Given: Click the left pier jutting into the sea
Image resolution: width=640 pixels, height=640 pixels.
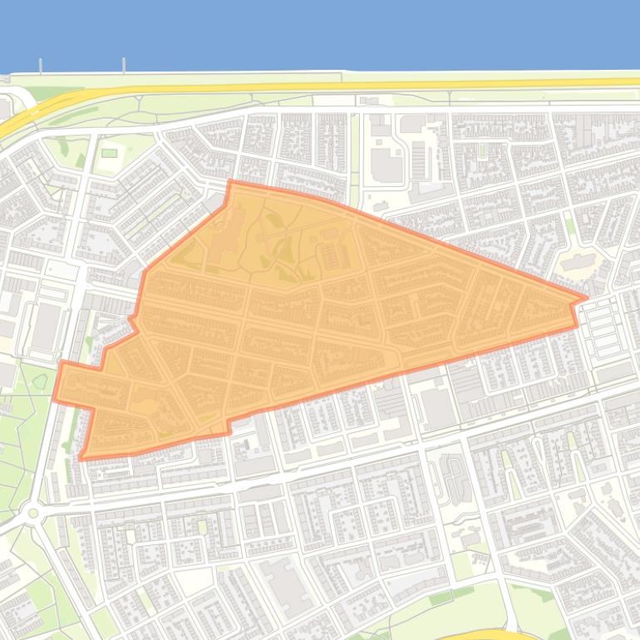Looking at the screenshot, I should tap(40, 66).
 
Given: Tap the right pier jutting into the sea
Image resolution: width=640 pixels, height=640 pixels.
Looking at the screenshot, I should tap(124, 66).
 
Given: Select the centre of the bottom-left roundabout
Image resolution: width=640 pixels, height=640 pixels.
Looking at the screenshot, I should tap(33, 513).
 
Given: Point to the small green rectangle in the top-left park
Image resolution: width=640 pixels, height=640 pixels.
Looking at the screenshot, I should tap(109, 153).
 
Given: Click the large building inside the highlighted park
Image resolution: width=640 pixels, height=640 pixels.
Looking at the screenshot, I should tap(231, 234).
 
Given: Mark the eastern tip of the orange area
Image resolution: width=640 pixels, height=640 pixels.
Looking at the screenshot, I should tap(587, 297).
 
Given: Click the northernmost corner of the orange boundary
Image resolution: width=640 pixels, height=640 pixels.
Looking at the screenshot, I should tap(229, 181).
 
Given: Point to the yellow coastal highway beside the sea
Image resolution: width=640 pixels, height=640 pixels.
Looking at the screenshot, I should tap(332, 85).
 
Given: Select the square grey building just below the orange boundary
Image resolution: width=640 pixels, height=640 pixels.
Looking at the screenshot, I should tap(436, 409).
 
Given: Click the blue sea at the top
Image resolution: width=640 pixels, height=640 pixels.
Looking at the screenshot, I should tap(332, 33).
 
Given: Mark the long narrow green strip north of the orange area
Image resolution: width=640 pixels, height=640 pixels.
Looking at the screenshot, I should tap(355, 158).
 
